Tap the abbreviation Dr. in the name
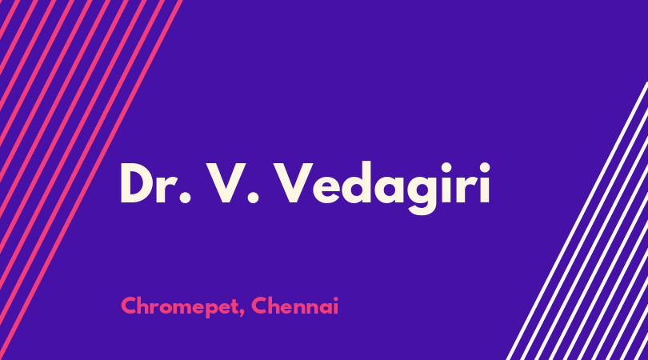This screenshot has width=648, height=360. pos(156,183)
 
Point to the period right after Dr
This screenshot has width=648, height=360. pos(185,197)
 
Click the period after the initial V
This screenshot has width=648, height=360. pos(253,197)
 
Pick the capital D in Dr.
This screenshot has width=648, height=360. pos(137,183)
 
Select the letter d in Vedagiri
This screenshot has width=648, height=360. pos(354,183)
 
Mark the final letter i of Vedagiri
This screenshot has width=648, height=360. pos(484,182)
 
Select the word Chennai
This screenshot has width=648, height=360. pos(295,306)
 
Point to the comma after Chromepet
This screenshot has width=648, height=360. pos(242,314)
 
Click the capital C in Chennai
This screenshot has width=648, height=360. pos(259,306)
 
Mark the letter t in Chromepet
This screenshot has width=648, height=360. pos(234,306)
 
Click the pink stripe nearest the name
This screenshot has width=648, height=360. pos(91,180)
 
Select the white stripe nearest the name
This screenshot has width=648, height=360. pos(578,221)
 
